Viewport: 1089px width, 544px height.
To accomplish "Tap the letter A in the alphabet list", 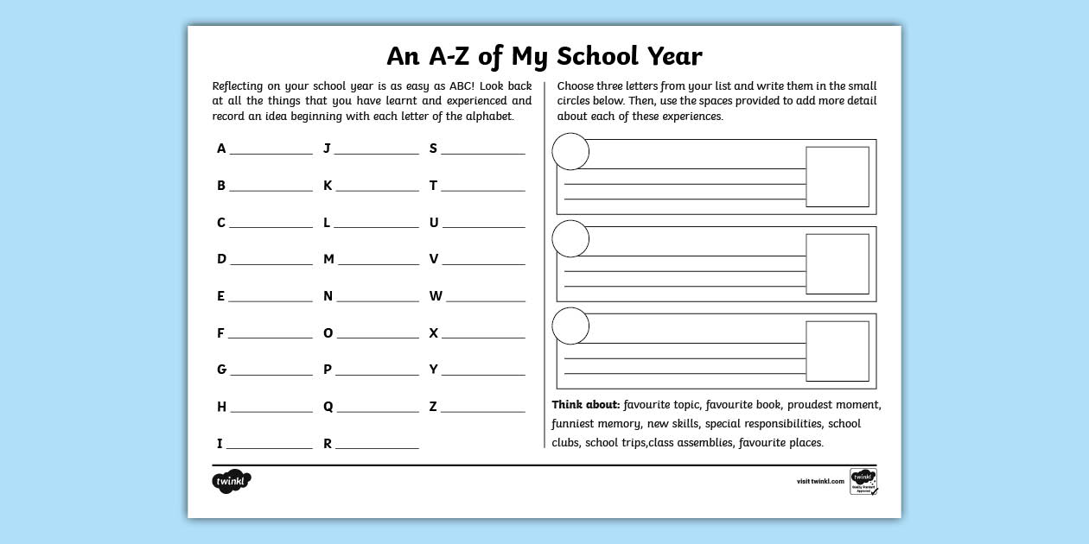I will pos(221,149).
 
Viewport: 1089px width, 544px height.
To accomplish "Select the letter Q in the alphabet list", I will pos(328,407).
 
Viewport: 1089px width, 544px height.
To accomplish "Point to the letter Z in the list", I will pos(433,407).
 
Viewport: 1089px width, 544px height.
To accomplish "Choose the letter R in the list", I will pos(328,444).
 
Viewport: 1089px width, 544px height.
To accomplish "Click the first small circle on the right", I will pos(570,152).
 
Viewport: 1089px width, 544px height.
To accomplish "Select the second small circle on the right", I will pos(570,238).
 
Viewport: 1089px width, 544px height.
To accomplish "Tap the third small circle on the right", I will pos(570,326).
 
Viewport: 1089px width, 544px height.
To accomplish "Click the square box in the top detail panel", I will pos(837,177).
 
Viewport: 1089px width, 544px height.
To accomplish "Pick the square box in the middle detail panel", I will pos(837,264).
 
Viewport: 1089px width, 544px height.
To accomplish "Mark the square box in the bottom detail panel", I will pos(837,351).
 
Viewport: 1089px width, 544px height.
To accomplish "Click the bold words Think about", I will pos(586,404).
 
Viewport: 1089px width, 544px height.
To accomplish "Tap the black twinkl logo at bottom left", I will pos(231,481).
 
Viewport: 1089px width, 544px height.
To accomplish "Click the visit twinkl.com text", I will pos(820,481).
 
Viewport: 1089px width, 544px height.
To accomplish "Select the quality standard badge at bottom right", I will pos(863,481).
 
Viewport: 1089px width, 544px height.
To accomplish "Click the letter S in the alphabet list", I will pos(434,149).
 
